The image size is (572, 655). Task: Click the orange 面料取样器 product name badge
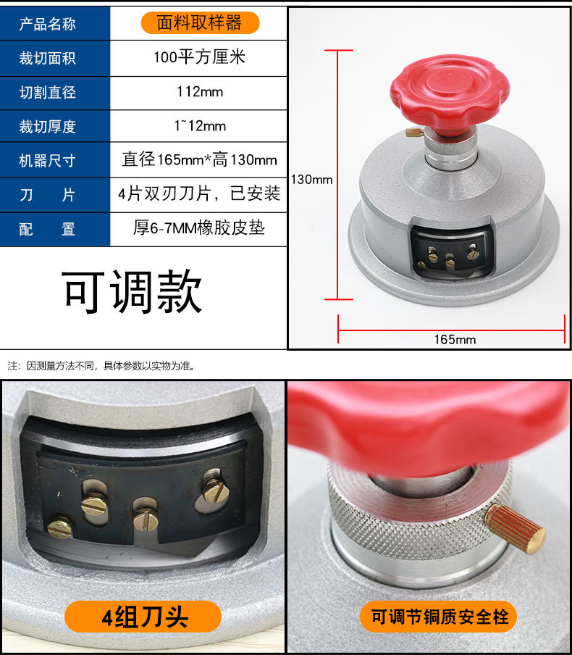click(x=199, y=23)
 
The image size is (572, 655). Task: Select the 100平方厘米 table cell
click(x=199, y=57)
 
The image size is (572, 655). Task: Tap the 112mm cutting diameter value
click(x=199, y=92)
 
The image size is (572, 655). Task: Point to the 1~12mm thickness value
click(x=200, y=126)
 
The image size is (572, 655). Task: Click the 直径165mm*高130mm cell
click(x=199, y=160)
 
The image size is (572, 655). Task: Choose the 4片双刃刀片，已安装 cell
click(x=199, y=194)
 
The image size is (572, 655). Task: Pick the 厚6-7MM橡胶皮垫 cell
click(x=199, y=229)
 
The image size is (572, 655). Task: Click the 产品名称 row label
click(x=47, y=24)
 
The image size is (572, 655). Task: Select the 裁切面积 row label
click(x=47, y=58)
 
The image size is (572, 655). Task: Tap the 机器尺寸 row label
click(x=47, y=161)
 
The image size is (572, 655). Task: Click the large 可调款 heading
click(x=133, y=292)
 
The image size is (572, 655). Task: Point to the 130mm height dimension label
click(x=312, y=179)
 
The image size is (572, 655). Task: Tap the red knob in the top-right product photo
click(x=449, y=89)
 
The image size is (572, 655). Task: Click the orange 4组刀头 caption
click(x=145, y=617)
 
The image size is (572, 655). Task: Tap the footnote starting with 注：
click(x=101, y=366)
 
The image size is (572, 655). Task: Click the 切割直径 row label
click(x=47, y=93)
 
